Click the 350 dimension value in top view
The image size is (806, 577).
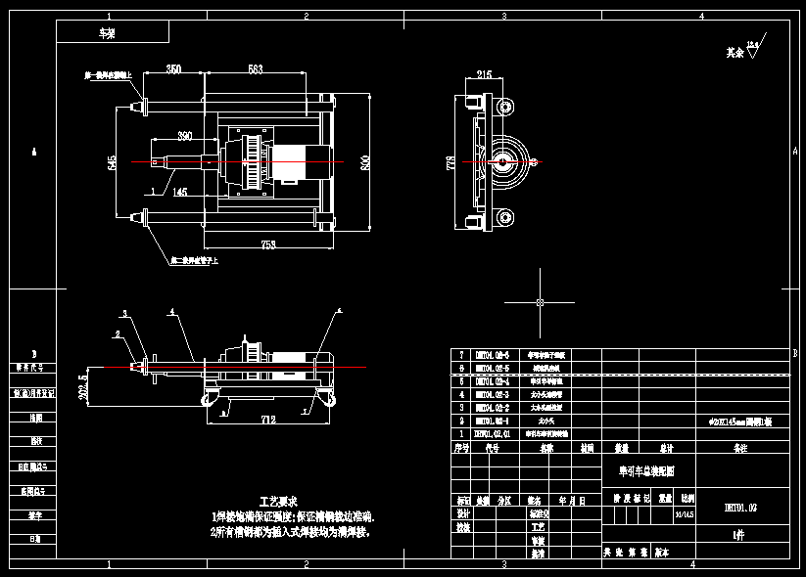pyautogui.click(x=172, y=69)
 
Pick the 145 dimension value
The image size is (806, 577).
pyautogui.click(x=180, y=193)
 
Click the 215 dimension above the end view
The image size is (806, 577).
pyautogui.click(x=484, y=74)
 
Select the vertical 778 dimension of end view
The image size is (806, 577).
pyautogui.click(x=451, y=160)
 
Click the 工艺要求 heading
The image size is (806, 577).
pyautogui.click(x=277, y=500)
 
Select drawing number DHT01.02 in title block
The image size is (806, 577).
pyautogui.click(x=740, y=509)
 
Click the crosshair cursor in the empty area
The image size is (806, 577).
pyautogui.click(x=540, y=302)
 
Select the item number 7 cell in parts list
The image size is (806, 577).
pyautogui.click(x=461, y=354)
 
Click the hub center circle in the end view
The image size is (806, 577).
pyautogui.click(x=507, y=160)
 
